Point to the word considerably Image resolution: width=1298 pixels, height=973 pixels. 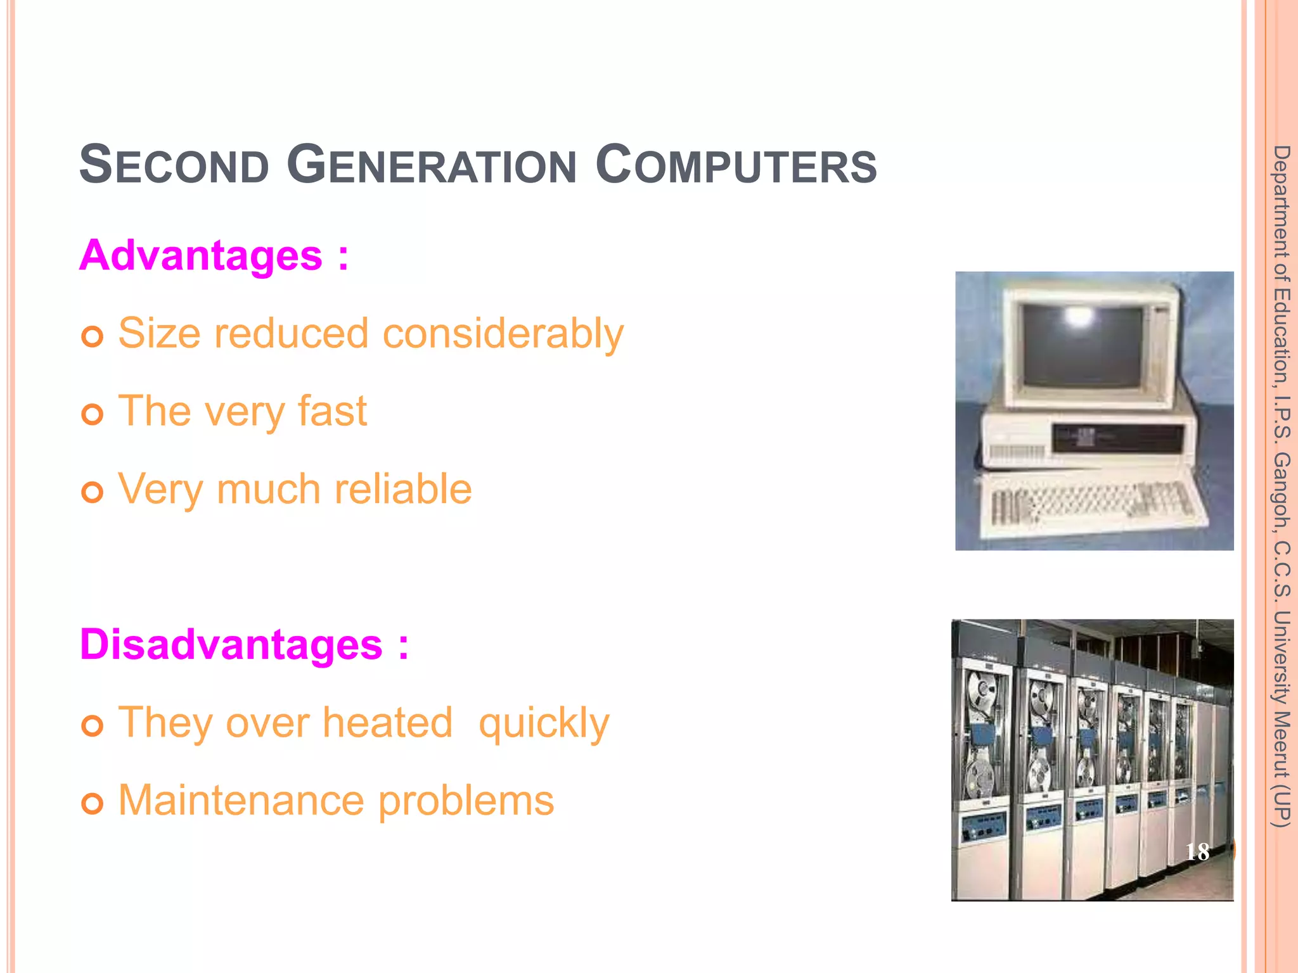(x=503, y=334)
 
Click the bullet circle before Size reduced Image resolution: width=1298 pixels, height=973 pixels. (x=93, y=336)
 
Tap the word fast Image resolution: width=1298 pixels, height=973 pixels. (x=332, y=411)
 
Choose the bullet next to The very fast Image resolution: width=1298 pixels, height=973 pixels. (x=93, y=415)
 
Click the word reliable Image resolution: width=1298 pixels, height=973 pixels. (x=403, y=489)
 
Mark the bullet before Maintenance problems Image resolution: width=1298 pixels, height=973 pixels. (x=93, y=804)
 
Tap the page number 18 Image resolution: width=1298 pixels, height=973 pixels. (x=1197, y=852)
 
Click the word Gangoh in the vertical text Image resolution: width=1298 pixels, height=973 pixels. (x=1282, y=491)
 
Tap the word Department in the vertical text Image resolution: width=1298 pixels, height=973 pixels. (x=1282, y=201)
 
